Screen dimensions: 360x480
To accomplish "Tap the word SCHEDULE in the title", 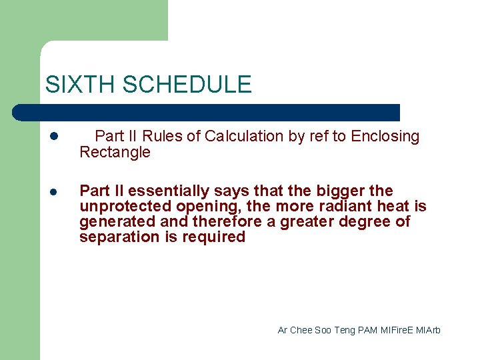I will (187, 85).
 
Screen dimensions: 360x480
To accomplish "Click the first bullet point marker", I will (54, 137).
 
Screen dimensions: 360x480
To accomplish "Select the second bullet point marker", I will (54, 191).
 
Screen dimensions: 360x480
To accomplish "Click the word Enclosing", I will (385, 137).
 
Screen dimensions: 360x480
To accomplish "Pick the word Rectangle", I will (115, 153).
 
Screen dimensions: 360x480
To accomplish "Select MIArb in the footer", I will (429, 330).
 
